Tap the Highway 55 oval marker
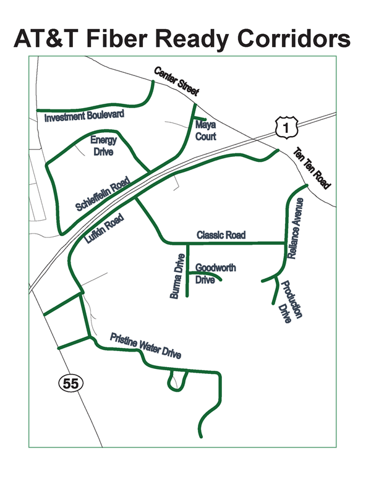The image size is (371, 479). [70, 383]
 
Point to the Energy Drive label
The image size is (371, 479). [103, 146]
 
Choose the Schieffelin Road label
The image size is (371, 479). [103, 195]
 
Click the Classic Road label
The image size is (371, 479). [221, 235]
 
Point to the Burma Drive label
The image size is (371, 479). [177, 276]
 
